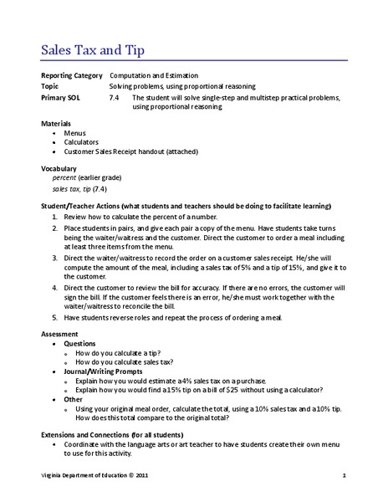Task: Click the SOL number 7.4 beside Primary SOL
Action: pyautogui.click(x=115, y=97)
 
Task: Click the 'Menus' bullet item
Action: pyautogui.click(x=74, y=132)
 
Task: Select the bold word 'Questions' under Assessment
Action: pyautogui.click(x=79, y=342)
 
